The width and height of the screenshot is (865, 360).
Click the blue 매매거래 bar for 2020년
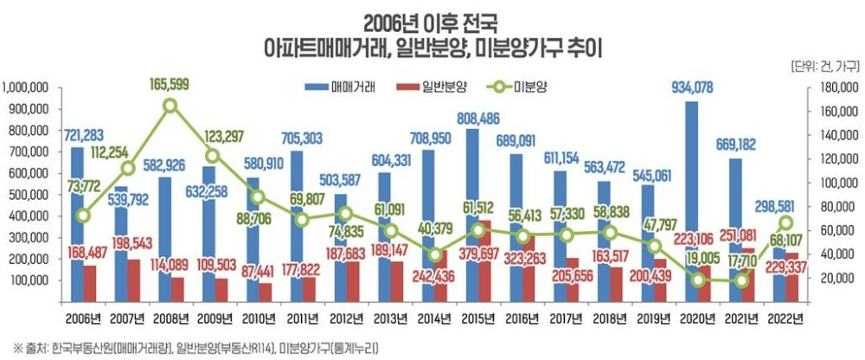pos(691,199)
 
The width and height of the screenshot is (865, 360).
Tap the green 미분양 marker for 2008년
pos(170,106)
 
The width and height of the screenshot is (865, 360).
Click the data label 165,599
pos(170,84)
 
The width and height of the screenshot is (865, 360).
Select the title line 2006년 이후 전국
pos(431,18)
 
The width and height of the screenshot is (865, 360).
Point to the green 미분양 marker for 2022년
pos(786,222)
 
